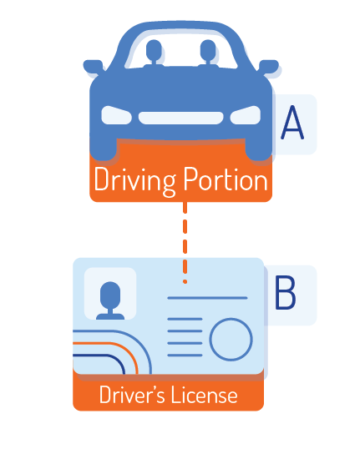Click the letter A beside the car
(292, 123)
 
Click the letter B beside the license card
(285, 292)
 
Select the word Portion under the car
(226, 179)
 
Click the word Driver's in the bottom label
(132, 394)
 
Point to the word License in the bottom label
(205, 395)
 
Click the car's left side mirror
(94, 67)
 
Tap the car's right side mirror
(269, 67)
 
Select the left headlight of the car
(116, 115)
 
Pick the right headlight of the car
(246, 115)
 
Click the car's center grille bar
(181, 118)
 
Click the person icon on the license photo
(110, 300)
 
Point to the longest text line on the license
(207, 298)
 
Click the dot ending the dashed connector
(185, 282)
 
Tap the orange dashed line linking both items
(185, 243)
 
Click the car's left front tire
(104, 149)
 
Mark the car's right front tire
(259, 149)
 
